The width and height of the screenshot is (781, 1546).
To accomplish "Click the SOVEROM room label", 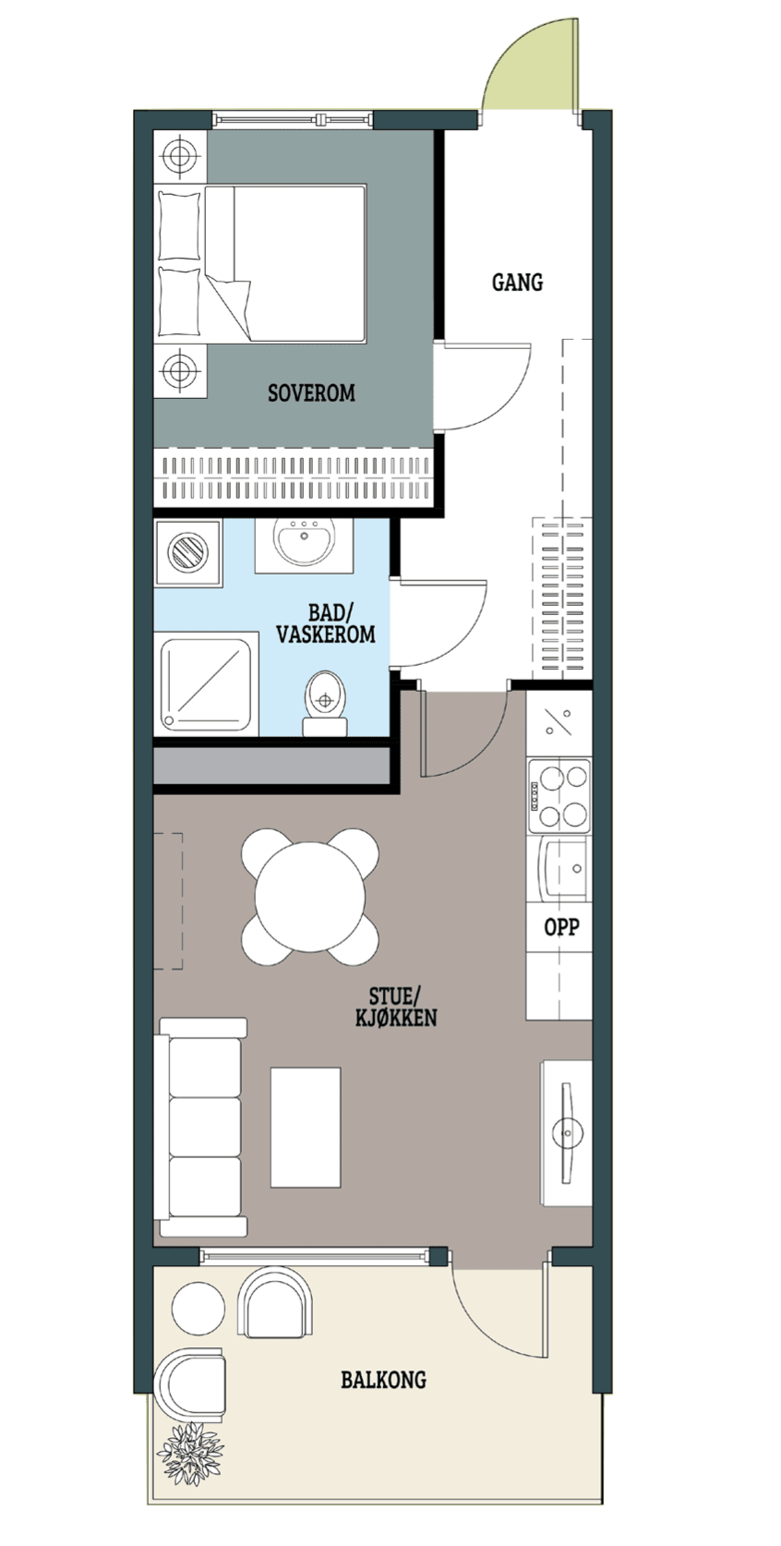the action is [x=311, y=393].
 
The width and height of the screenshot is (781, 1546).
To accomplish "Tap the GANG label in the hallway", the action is [x=517, y=282].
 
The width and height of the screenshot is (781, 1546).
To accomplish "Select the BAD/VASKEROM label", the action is [x=326, y=623].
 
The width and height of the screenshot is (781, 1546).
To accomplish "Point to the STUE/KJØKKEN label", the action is [x=395, y=1007].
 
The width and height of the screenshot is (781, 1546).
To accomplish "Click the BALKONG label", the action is [x=383, y=1380].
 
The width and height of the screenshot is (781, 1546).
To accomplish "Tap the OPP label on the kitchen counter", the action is [x=561, y=926].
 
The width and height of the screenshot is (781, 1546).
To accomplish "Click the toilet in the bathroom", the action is [x=325, y=704].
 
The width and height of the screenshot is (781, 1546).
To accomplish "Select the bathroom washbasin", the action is [x=304, y=544].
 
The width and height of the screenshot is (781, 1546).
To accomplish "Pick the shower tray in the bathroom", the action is [x=206, y=684].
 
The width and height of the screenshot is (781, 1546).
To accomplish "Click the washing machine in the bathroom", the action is [x=188, y=553].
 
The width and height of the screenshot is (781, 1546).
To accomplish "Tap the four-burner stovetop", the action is [x=559, y=796].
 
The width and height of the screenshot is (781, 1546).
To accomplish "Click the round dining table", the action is [x=310, y=898].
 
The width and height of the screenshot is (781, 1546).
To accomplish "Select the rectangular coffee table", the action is [x=305, y=1127].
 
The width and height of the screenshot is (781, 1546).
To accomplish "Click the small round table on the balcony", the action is [x=198, y=1309].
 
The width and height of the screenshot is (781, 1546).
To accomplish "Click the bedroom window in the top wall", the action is [x=292, y=120].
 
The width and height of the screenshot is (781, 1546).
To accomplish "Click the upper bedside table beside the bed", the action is [x=180, y=157].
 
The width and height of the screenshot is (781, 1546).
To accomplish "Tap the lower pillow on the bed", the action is [x=179, y=301].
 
